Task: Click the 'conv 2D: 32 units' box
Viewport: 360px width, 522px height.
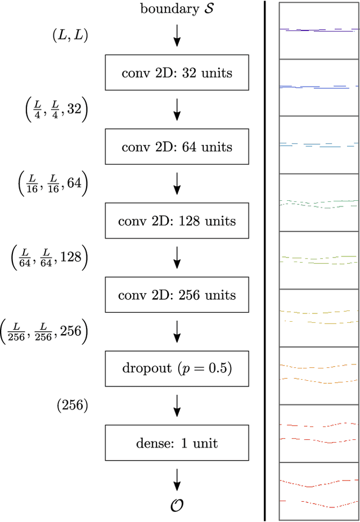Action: (177, 73)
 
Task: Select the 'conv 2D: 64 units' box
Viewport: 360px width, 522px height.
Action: (177, 147)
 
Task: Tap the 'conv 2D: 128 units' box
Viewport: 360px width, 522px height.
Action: (177, 220)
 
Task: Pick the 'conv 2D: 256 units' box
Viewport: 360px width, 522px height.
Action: (177, 295)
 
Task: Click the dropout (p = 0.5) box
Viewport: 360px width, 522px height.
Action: (177, 369)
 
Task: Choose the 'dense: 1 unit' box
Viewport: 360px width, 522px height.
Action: (177, 443)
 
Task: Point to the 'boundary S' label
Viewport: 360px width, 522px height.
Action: (177, 9)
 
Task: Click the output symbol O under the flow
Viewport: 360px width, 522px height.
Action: (177, 506)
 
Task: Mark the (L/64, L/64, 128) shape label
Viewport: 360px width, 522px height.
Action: (49, 258)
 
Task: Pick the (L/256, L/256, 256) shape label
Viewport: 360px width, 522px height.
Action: (44, 332)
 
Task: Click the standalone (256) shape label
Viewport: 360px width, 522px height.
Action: (72, 405)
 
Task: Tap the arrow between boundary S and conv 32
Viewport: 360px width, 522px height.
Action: (177, 35)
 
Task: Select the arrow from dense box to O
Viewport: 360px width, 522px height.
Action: (177, 478)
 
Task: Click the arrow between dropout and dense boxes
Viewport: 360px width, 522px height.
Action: (177, 405)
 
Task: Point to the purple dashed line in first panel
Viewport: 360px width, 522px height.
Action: (318, 29)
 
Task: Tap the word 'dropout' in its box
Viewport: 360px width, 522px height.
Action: (141, 369)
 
